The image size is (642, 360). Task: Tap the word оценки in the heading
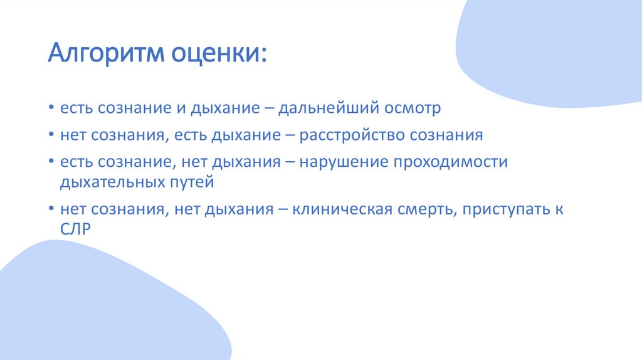[218, 56]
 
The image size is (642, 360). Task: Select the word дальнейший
[329, 109]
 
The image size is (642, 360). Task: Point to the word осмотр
[413, 109]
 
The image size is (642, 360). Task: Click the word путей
[194, 183]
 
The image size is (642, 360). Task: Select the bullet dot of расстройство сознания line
[51, 135]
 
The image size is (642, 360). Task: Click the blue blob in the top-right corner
[552, 50]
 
